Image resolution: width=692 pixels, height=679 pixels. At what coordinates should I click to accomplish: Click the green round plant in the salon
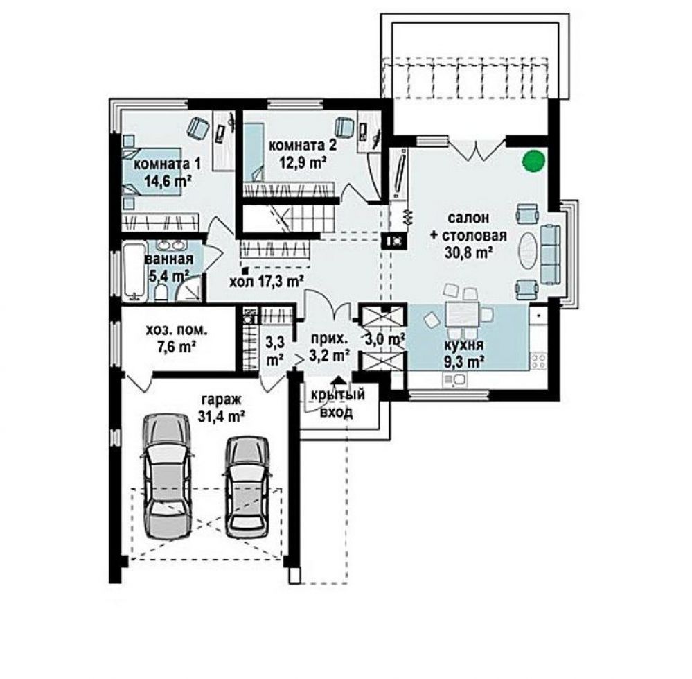coord(533,161)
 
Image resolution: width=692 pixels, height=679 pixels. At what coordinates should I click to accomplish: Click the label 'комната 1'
coord(167,164)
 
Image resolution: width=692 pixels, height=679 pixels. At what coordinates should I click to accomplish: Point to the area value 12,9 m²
coord(303,162)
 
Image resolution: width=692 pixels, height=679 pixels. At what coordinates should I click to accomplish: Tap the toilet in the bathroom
coord(161,293)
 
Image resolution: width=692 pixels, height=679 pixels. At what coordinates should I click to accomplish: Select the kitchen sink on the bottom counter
coord(454,379)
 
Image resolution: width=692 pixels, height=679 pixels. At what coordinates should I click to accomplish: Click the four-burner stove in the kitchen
coord(538,360)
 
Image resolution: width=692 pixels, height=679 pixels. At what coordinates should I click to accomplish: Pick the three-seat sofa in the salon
coord(550,254)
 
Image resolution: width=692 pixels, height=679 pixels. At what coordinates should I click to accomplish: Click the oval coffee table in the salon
coord(526,250)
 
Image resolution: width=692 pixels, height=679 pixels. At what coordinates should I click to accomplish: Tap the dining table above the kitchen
coord(461,314)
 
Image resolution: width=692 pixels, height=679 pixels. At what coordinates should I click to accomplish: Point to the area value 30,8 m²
coord(468,252)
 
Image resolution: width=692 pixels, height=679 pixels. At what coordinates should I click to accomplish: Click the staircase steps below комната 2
coord(290,218)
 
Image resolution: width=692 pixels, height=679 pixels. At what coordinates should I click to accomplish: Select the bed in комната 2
coord(253,151)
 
